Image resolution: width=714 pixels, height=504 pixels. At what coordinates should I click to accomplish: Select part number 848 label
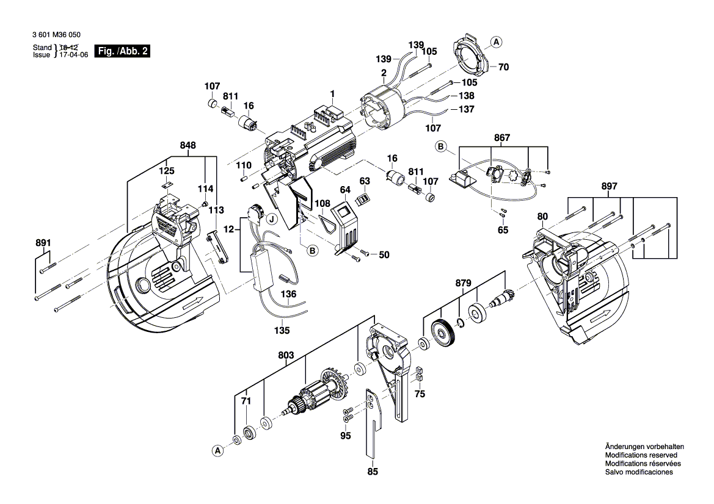[188, 146]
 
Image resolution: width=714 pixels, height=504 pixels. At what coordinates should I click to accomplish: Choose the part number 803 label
[286, 355]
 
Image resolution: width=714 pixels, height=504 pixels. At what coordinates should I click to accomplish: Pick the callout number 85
[373, 471]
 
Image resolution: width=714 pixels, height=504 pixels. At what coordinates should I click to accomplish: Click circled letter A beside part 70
[496, 42]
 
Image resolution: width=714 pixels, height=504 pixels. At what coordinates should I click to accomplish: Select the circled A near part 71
[217, 450]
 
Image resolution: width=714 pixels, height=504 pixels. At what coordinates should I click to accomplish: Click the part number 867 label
[502, 139]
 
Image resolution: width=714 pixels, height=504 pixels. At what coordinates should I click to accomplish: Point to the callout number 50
[384, 254]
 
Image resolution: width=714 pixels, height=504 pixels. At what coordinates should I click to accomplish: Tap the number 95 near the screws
[346, 436]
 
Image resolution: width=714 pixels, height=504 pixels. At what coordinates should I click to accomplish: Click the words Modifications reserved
[640, 455]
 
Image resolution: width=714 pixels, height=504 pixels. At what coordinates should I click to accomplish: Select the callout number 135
[282, 330]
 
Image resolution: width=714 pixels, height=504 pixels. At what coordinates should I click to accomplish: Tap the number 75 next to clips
[420, 394]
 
